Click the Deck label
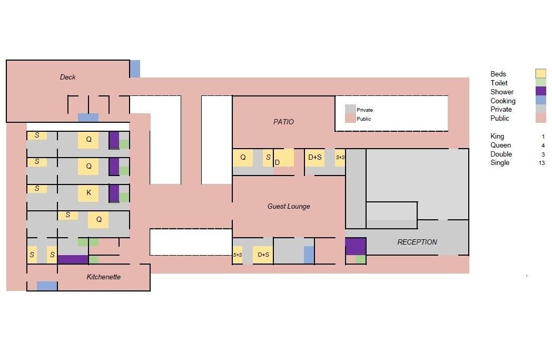(x=67, y=77)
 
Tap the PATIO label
(x=283, y=122)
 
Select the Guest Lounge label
(x=289, y=207)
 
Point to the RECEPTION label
(x=417, y=242)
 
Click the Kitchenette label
(x=103, y=277)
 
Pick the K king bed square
(x=88, y=193)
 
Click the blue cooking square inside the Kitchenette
(x=47, y=286)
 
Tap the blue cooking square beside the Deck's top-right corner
(x=135, y=69)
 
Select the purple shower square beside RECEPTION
(x=356, y=246)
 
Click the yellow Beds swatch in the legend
(x=541, y=74)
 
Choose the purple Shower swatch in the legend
(x=541, y=91)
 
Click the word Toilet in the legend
(x=499, y=83)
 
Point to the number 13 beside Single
(x=541, y=163)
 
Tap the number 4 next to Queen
(x=543, y=145)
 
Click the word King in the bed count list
(x=497, y=137)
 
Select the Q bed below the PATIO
(x=243, y=158)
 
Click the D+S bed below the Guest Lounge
(x=263, y=255)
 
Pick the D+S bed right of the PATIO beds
(x=315, y=158)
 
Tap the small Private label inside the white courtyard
(x=364, y=110)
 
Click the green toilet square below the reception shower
(x=361, y=260)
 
